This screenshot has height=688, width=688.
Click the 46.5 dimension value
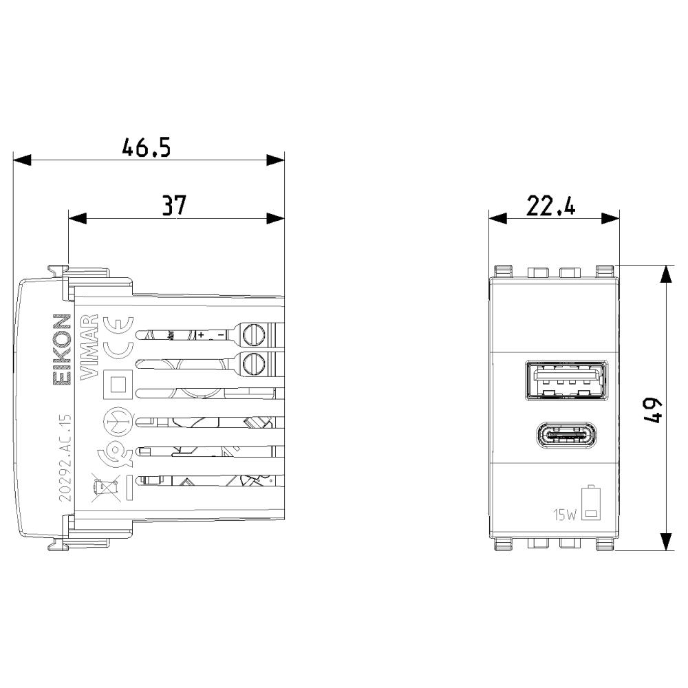tap(146, 148)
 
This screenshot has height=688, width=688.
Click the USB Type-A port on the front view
tap(566, 380)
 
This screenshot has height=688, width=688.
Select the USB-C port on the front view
tap(566, 436)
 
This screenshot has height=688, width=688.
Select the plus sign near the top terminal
tap(202, 335)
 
